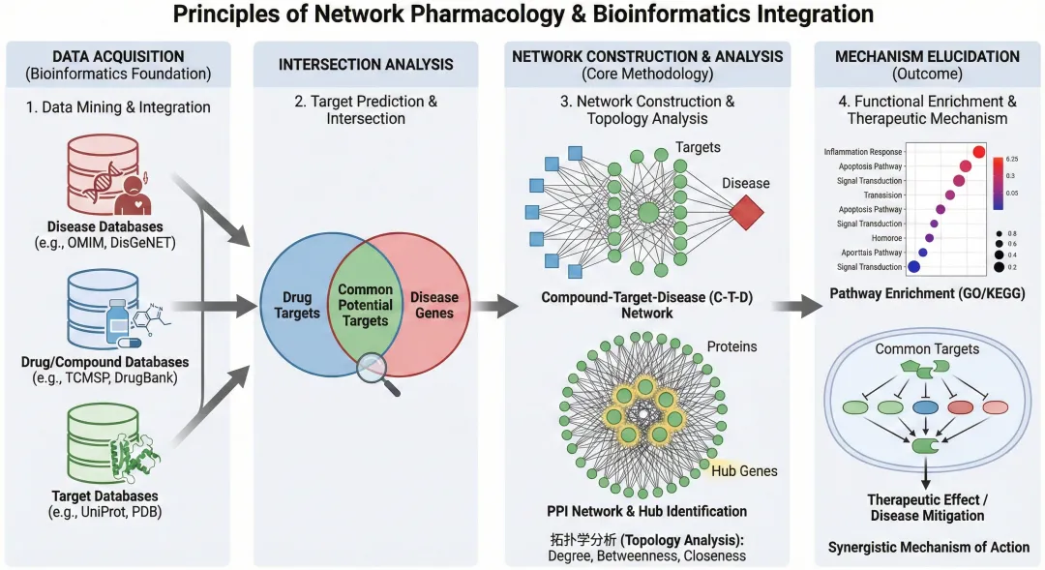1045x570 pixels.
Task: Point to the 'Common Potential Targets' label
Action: tap(365, 305)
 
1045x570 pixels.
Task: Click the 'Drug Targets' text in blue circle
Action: tap(296, 305)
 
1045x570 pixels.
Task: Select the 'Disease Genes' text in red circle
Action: tap(434, 305)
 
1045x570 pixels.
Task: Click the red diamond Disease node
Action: tap(747, 212)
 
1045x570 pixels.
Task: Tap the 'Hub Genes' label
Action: tap(744, 471)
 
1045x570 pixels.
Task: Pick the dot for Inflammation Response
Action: tap(977, 151)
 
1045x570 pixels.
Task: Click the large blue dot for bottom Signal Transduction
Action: tap(912, 266)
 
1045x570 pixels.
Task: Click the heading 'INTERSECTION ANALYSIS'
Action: tap(366, 65)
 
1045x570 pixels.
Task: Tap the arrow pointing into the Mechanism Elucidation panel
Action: tap(796, 308)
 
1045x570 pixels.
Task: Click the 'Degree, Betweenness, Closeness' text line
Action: tap(646, 555)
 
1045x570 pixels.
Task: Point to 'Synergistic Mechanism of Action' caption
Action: tap(928, 548)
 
